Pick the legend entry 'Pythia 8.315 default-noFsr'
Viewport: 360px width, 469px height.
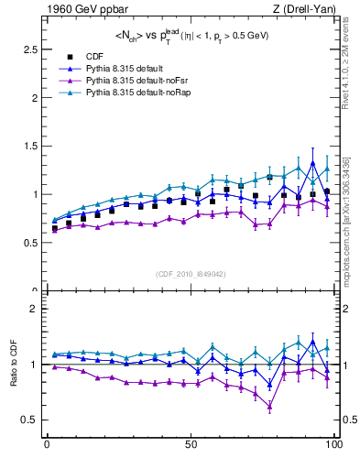click(136, 82)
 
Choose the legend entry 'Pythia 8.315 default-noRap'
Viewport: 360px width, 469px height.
click(137, 94)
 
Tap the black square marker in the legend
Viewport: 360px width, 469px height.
click(72, 57)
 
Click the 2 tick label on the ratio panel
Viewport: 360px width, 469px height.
click(38, 309)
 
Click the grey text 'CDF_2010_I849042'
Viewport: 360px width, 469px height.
click(191, 274)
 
